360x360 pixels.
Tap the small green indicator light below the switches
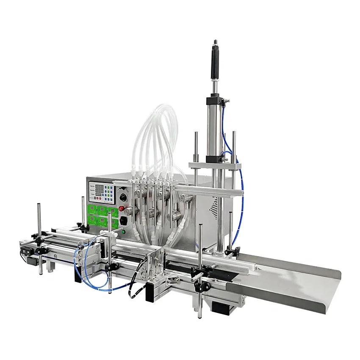pos(124,231)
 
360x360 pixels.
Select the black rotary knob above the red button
pos(123,197)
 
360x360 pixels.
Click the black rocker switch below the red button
pos(124,221)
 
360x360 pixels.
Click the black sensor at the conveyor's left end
pos(24,252)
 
